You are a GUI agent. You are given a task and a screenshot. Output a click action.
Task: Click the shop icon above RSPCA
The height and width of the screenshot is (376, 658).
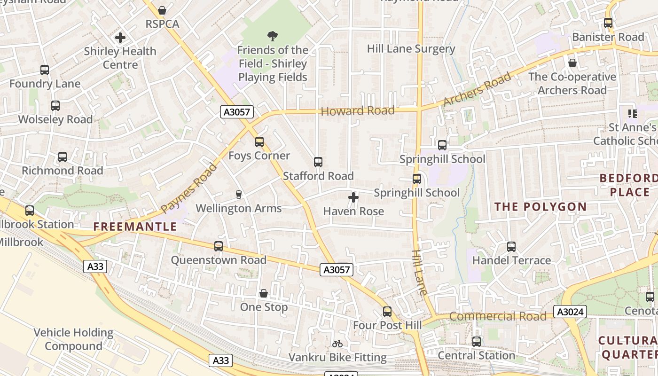[162, 10]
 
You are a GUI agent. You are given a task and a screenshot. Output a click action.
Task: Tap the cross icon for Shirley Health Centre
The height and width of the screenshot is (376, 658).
[120, 38]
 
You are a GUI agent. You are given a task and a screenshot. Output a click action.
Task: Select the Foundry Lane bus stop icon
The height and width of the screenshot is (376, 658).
[45, 70]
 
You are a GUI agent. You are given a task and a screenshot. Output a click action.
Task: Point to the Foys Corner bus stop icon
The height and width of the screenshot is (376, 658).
[259, 142]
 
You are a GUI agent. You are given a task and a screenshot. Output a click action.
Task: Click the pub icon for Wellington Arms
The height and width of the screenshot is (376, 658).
[239, 195]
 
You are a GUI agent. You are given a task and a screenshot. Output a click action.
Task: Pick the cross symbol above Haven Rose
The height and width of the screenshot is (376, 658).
[353, 198]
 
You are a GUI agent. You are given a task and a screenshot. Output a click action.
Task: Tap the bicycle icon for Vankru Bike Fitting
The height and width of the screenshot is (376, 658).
[337, 344]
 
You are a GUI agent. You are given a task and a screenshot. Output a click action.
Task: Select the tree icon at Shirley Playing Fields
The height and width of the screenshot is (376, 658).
[272, 36]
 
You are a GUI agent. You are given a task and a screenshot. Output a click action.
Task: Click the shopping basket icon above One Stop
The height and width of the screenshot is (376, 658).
[264, 293]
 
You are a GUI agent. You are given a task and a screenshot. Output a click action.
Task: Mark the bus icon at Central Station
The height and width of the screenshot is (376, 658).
[477, 342]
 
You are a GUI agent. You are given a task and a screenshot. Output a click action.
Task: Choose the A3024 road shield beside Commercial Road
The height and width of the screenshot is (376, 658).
[570, 312]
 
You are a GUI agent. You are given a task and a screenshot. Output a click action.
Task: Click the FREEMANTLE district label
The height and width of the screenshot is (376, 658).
[135, 227]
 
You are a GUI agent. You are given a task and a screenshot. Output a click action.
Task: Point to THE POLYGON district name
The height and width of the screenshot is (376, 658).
[540, 207]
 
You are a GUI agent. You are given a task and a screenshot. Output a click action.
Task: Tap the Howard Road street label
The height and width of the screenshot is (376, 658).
[357, 111]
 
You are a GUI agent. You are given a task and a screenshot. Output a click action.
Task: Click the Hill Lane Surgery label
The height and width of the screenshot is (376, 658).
[411, 49]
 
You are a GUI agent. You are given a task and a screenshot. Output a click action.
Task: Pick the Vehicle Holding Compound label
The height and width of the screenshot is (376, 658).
[73, 339]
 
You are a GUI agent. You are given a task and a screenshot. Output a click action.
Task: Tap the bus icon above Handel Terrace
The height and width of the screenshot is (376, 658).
[511, 247]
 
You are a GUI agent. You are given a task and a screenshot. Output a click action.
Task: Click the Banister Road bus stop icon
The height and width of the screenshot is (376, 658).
[608, 23]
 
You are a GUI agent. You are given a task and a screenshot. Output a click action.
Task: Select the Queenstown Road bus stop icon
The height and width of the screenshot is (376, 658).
[219, 246]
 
